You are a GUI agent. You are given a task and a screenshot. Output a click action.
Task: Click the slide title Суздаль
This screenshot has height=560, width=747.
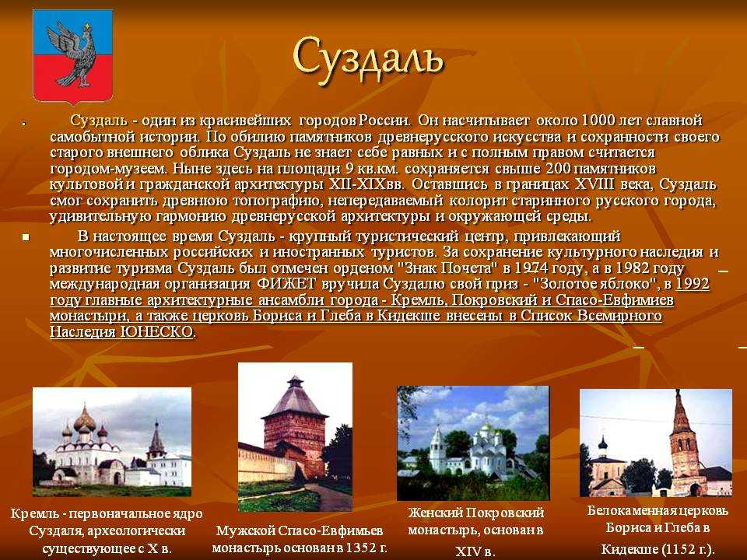pyautogui.click(x=368, y=61)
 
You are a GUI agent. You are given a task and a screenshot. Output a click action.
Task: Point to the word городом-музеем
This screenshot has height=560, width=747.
pyautogui.click(x=109, y=169)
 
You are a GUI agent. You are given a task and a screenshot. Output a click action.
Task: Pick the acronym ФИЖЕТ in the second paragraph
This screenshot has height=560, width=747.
pyautogui.click(x=286, y=284)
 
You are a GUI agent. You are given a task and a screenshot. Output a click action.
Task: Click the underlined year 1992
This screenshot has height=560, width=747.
pyautogui.click(x=693, y=284)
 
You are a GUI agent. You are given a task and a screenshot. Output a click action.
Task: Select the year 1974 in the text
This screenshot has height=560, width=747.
pyautogui.click(x=531, y=268)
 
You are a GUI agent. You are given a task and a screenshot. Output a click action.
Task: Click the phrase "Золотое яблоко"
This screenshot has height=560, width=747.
pyautogui.click(x=591, y=284)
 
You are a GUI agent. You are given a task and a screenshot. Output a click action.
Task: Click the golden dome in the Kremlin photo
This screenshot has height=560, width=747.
pyautogui.click(x=85, y=421)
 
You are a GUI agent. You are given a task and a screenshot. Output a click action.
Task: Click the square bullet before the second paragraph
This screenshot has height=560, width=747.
pyautogui.click(x=26, y=236)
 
